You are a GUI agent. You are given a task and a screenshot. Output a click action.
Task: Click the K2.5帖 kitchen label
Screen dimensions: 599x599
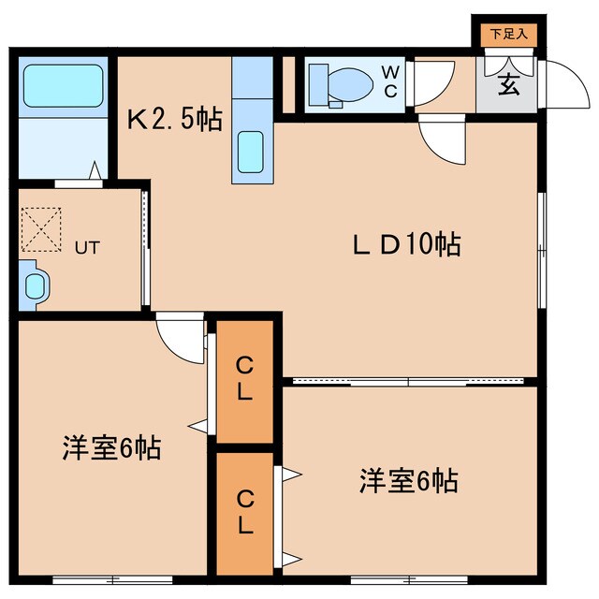point(174,119)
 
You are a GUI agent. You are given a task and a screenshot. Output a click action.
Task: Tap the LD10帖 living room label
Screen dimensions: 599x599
point(406,245)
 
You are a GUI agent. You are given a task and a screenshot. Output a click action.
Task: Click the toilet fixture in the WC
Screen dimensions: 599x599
point(336,83)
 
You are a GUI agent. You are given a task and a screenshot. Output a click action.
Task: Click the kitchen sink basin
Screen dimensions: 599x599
point(250,150)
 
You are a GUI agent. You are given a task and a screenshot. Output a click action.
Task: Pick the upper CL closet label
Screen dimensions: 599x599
point(244,378)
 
